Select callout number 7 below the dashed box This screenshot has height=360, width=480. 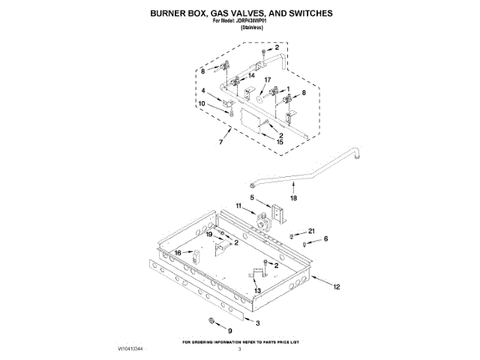coord(220,142)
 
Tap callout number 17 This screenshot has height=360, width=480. coord(267,80)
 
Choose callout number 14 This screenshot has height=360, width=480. coord(251,76)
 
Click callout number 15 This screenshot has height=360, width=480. coord(280,141)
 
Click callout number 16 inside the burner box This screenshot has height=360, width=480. coord(178,253)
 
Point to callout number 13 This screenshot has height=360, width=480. coord(256,291)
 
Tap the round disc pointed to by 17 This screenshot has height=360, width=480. coord(256,94)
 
